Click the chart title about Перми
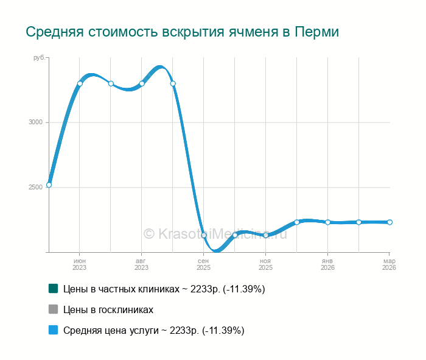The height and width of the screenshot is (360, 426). tap(182, 32)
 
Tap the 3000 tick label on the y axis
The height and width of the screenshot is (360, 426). tap(35, 122)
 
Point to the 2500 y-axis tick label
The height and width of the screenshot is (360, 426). tap(35, 187)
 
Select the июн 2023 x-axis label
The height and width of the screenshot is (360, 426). tap(80, 264)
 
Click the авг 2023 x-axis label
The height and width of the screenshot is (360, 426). tap(141, 264)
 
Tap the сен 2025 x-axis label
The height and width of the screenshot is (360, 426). tap(203, 264)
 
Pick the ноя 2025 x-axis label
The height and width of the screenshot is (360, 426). tap(265, 264)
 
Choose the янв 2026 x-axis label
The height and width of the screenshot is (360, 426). tap(327, 264)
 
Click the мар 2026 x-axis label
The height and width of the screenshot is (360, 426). tap(389, 264)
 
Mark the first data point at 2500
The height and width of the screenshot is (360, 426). tap(49, 185)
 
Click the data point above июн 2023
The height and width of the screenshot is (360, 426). tap(80, 83)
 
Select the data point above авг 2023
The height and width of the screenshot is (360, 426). tap(142, 83)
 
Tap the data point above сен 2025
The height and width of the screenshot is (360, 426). tap(204, 235)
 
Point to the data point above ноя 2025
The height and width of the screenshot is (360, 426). tap(266, 235)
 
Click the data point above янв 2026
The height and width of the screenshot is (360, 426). tap(327, 222)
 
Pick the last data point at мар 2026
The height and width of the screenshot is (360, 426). tap(389, 222)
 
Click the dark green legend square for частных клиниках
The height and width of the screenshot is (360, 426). tap(53, 289)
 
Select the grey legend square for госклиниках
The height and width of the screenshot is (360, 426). tap(53, 309)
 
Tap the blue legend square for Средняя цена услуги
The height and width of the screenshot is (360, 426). tap(53, 330)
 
